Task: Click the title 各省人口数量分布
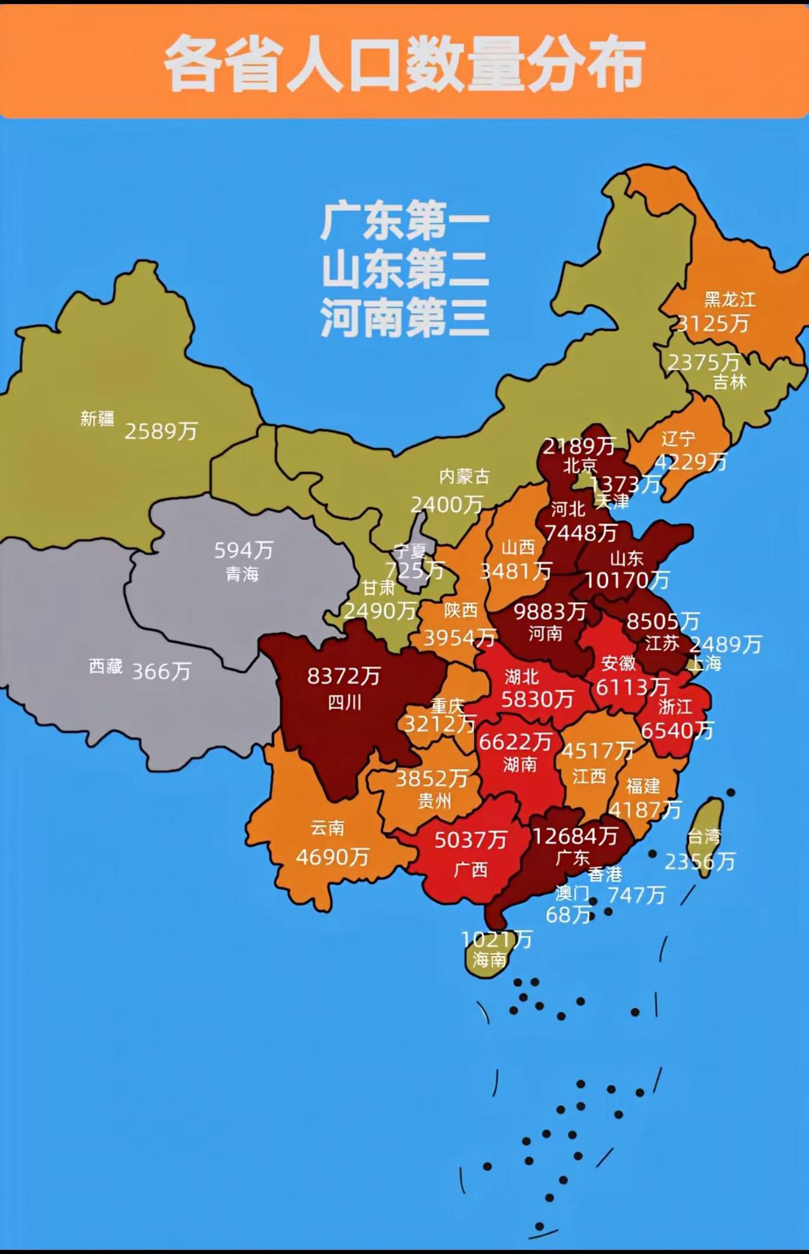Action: (404, 64)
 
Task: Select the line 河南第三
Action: (404, 317)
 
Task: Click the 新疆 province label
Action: (97, 419)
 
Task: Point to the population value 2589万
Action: (161, 431)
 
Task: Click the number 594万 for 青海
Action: (243, 551)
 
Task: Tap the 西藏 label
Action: (106, 666)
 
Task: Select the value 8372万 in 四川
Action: (344, 677)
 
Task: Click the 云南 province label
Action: (327, 828)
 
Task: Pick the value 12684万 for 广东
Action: (575, 836)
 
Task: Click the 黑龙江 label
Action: (730, 299)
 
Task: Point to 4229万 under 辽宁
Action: (691, 462)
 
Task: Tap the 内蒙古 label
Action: (465, 476)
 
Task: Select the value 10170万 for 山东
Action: (626, 580)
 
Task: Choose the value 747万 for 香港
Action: (636, 895)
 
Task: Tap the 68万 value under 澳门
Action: (568, 915)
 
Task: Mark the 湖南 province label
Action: (520, 765)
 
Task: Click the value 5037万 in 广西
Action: (471, 840)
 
